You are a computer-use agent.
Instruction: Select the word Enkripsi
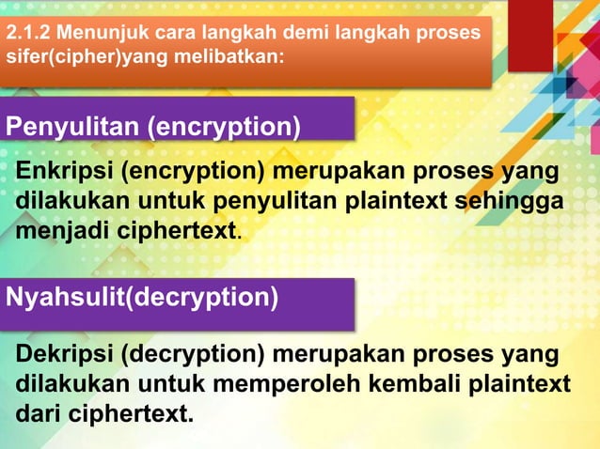coord(63,174)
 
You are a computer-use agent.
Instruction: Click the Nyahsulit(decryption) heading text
coord(142,299)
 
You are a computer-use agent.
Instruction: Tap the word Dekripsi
coord(64,357)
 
